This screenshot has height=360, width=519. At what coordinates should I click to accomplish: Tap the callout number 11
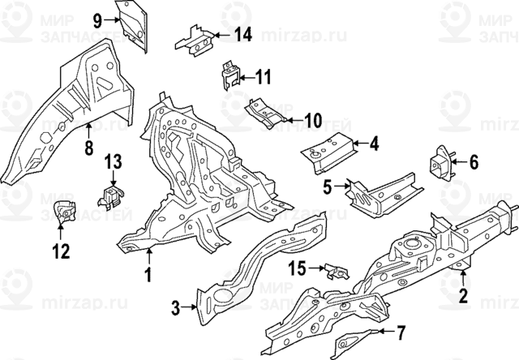[x=263, y=78]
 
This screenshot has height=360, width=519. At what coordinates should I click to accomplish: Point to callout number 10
[x=313, y=120]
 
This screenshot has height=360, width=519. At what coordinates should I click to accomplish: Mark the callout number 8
[x=89, y=148]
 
